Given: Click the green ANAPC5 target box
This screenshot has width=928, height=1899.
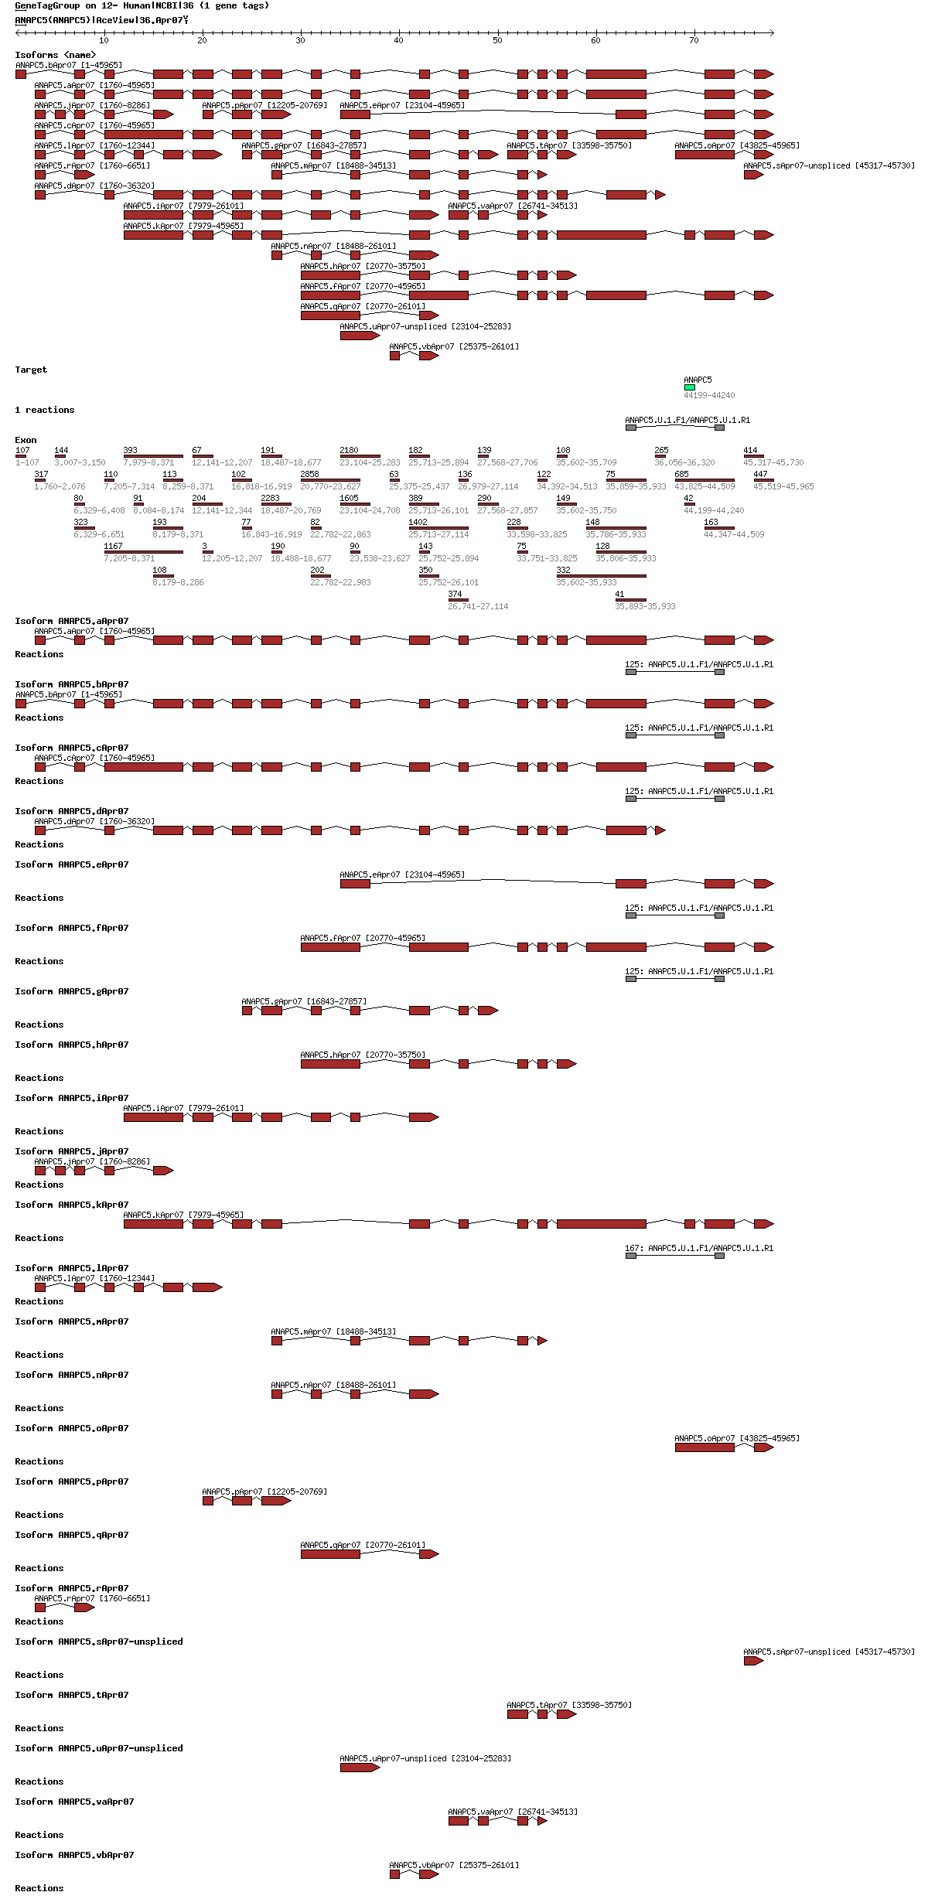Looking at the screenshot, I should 689,387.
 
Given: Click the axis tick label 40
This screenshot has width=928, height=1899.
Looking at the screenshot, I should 398,40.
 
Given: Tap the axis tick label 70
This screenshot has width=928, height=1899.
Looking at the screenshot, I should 694,40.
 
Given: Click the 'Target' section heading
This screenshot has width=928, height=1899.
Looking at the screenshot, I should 31,370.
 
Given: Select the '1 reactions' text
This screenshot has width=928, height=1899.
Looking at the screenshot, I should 45,410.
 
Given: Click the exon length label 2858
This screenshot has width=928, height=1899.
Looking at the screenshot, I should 309,474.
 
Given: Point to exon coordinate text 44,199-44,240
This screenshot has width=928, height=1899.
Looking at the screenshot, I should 709,510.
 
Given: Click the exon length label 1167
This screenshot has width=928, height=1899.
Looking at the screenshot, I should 113,546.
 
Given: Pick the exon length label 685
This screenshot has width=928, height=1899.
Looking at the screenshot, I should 681,474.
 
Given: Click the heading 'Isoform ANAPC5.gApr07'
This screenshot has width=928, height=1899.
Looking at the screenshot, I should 72,991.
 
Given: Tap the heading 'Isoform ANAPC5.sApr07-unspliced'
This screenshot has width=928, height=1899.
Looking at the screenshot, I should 99,1642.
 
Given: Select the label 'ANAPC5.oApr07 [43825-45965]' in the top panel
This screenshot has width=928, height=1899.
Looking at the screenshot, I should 737,145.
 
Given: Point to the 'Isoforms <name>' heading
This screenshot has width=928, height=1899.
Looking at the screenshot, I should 56,55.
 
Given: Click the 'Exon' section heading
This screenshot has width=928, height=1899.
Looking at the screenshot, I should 26,440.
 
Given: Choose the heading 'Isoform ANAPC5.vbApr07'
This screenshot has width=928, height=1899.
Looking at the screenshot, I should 74,1855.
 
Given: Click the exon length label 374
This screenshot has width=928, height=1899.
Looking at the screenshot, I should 455,594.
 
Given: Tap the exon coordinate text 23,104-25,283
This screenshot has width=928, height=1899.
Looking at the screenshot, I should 370,462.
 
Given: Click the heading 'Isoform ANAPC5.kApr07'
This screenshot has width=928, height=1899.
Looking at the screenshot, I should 72,1205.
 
